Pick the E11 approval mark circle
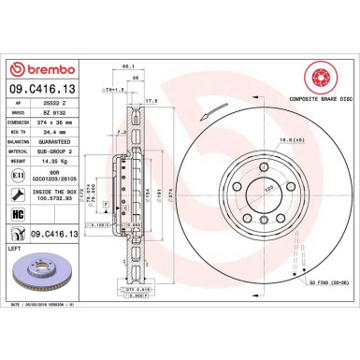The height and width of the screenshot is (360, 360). pyautogui.click(x=20, y=174)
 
